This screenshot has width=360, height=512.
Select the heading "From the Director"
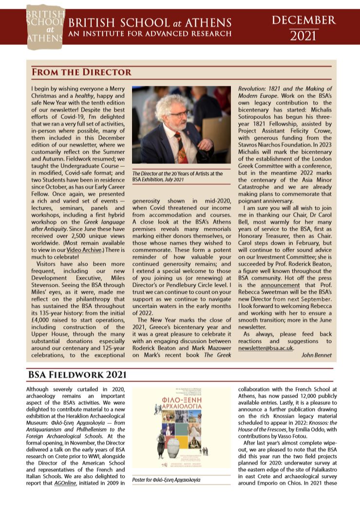pos(81,72)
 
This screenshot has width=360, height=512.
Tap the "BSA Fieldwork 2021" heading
pos(77,374)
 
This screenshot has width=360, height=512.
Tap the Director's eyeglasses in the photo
pos(179,114)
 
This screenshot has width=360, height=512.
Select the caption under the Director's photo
pos(178,177)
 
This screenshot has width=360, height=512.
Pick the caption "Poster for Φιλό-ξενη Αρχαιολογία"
pos(166,480)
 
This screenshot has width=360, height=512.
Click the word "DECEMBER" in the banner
pos(304,20)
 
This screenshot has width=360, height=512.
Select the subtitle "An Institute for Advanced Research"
pos(150,34)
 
